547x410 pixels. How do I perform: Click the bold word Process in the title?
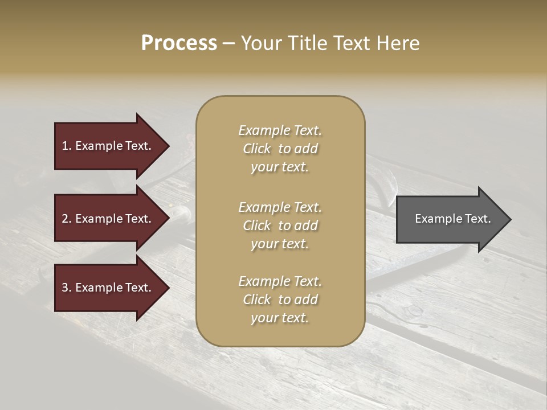(179, 43)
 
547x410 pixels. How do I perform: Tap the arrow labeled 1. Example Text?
(108, 146)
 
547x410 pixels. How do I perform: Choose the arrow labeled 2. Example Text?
(108, 219)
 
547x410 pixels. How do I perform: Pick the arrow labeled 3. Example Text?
(108, 288)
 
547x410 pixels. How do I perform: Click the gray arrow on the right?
(450, 219)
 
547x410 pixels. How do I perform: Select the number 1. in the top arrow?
(67, 146)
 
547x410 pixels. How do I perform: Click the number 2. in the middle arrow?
(67, 219)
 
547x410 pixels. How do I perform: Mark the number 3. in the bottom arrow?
(67, 288)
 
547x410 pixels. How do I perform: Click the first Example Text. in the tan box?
(280, 130)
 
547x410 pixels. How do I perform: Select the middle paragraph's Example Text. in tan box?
(280, 207)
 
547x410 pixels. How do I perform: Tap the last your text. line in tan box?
(280, 318)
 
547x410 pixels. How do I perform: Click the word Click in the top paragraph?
(257, 149)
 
